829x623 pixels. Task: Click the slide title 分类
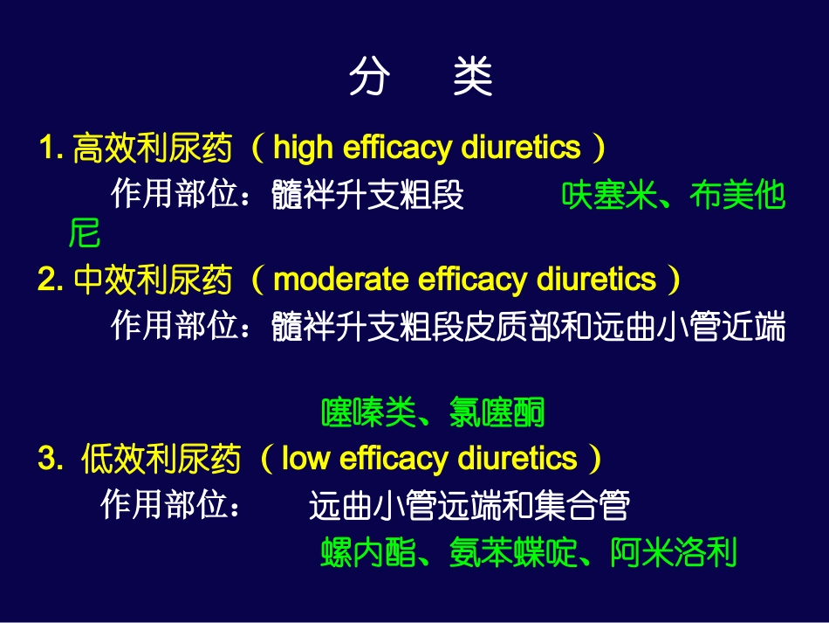point(421,78)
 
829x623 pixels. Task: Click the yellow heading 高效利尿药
point(153,149)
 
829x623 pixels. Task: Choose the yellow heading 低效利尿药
point(161,460)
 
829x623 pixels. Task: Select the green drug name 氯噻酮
point(497,412)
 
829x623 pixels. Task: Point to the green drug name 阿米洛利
point(674,553)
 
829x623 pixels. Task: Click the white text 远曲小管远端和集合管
point(469,506)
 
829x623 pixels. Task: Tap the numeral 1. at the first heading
point(51,149)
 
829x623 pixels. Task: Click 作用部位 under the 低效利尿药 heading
point(164,505)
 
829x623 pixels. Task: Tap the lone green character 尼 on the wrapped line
point(85,234)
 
